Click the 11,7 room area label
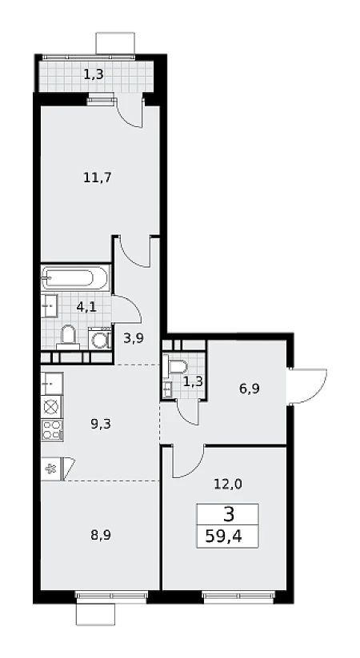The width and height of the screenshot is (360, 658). [97, 177]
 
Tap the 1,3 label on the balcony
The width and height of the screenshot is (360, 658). [94, 74]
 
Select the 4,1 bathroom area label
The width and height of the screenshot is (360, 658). [86, 306]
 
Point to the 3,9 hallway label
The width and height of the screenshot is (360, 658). [134, 338]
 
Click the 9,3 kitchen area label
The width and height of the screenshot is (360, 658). [100, 424]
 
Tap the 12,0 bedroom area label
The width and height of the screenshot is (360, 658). [228, 485]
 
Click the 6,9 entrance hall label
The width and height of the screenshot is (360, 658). [249, 389]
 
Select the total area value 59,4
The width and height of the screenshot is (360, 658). [223, 536]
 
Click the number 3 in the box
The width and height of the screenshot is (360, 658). [229, 514]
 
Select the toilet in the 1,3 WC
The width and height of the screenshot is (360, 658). [177, 365]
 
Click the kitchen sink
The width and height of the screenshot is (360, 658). [52, 383]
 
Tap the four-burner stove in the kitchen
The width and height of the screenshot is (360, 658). [52, 429]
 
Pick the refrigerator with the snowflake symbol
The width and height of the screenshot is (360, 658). [52, 469]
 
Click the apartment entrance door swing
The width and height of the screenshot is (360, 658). [308, 386]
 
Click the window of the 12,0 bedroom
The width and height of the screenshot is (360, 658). [238, 596]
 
